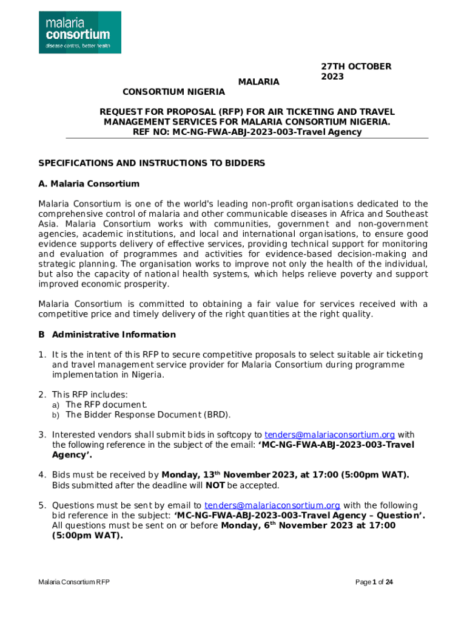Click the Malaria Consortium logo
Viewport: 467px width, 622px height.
click(x=80, y=32)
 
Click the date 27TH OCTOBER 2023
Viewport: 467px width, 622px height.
click(x=356, y=72)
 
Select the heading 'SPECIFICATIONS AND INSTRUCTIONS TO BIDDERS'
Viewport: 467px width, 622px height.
click(x=152, y=163)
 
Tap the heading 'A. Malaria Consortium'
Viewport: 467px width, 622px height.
click(x=89, y=183)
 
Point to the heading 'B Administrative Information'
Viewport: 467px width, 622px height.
click(x=107, y=335)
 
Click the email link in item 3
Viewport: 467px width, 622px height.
click(x=330, y=435)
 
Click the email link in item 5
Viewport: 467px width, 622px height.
click(x=272, y=505)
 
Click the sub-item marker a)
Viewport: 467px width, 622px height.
click(x=55, y=405)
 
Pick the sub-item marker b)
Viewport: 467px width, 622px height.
click(x=55, y=415)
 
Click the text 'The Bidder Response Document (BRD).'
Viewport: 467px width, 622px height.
click(x=148, y=415)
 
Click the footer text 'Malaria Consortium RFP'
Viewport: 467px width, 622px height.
click(x=74, y=583)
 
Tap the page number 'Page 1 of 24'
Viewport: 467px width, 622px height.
click(x=374, y=583)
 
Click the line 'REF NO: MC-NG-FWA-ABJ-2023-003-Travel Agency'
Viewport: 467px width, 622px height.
click(x=247, y=132)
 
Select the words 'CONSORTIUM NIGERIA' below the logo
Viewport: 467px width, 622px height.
click(x=173, y=92)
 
